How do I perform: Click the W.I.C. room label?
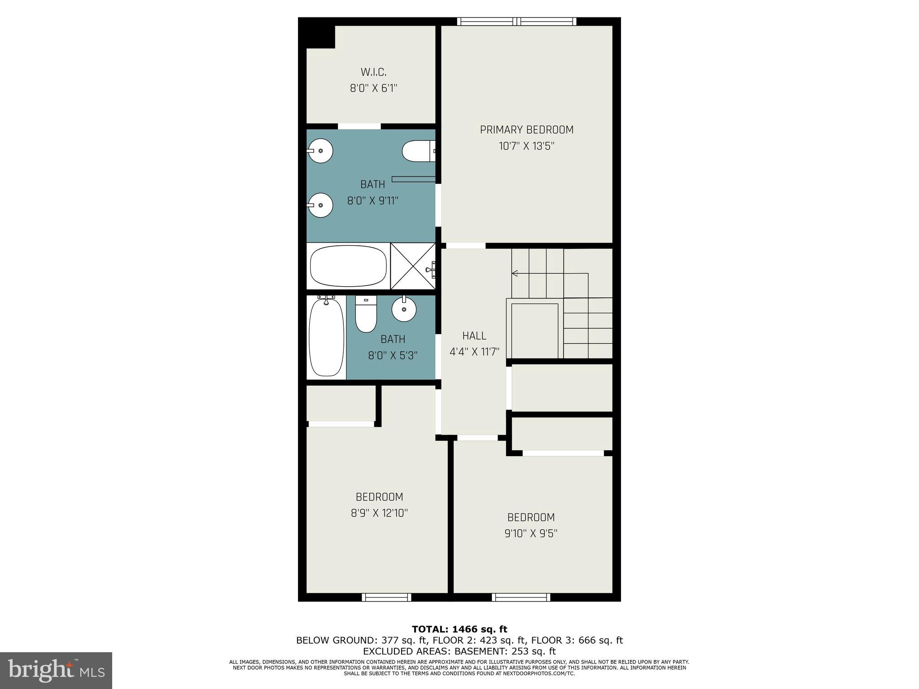click(373, 72)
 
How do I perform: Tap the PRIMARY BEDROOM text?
click(526, 130)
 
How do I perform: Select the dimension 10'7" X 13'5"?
click(526, 146)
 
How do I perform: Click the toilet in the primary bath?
click(418, 151)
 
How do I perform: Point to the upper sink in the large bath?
click(320, 151)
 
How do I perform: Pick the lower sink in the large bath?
click(320, 205)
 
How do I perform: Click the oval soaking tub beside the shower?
click(348, 266)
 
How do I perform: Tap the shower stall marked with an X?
click(412, 266)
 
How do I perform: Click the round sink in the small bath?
click(404, 309)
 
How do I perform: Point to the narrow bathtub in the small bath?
click(326, 337)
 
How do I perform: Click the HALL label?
click(474, 336)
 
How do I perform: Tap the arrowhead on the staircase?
click(514, 273)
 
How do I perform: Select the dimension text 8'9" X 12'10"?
click(379, 513)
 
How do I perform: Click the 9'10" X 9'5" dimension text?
click(531, 533)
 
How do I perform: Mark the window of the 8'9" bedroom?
click(386, 597)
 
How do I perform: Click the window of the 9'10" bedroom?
click(521, 597)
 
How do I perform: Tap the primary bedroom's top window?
click(516, 21)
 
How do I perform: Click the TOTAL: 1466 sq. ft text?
click(459, 629)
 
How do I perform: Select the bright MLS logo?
click(56, 670)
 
